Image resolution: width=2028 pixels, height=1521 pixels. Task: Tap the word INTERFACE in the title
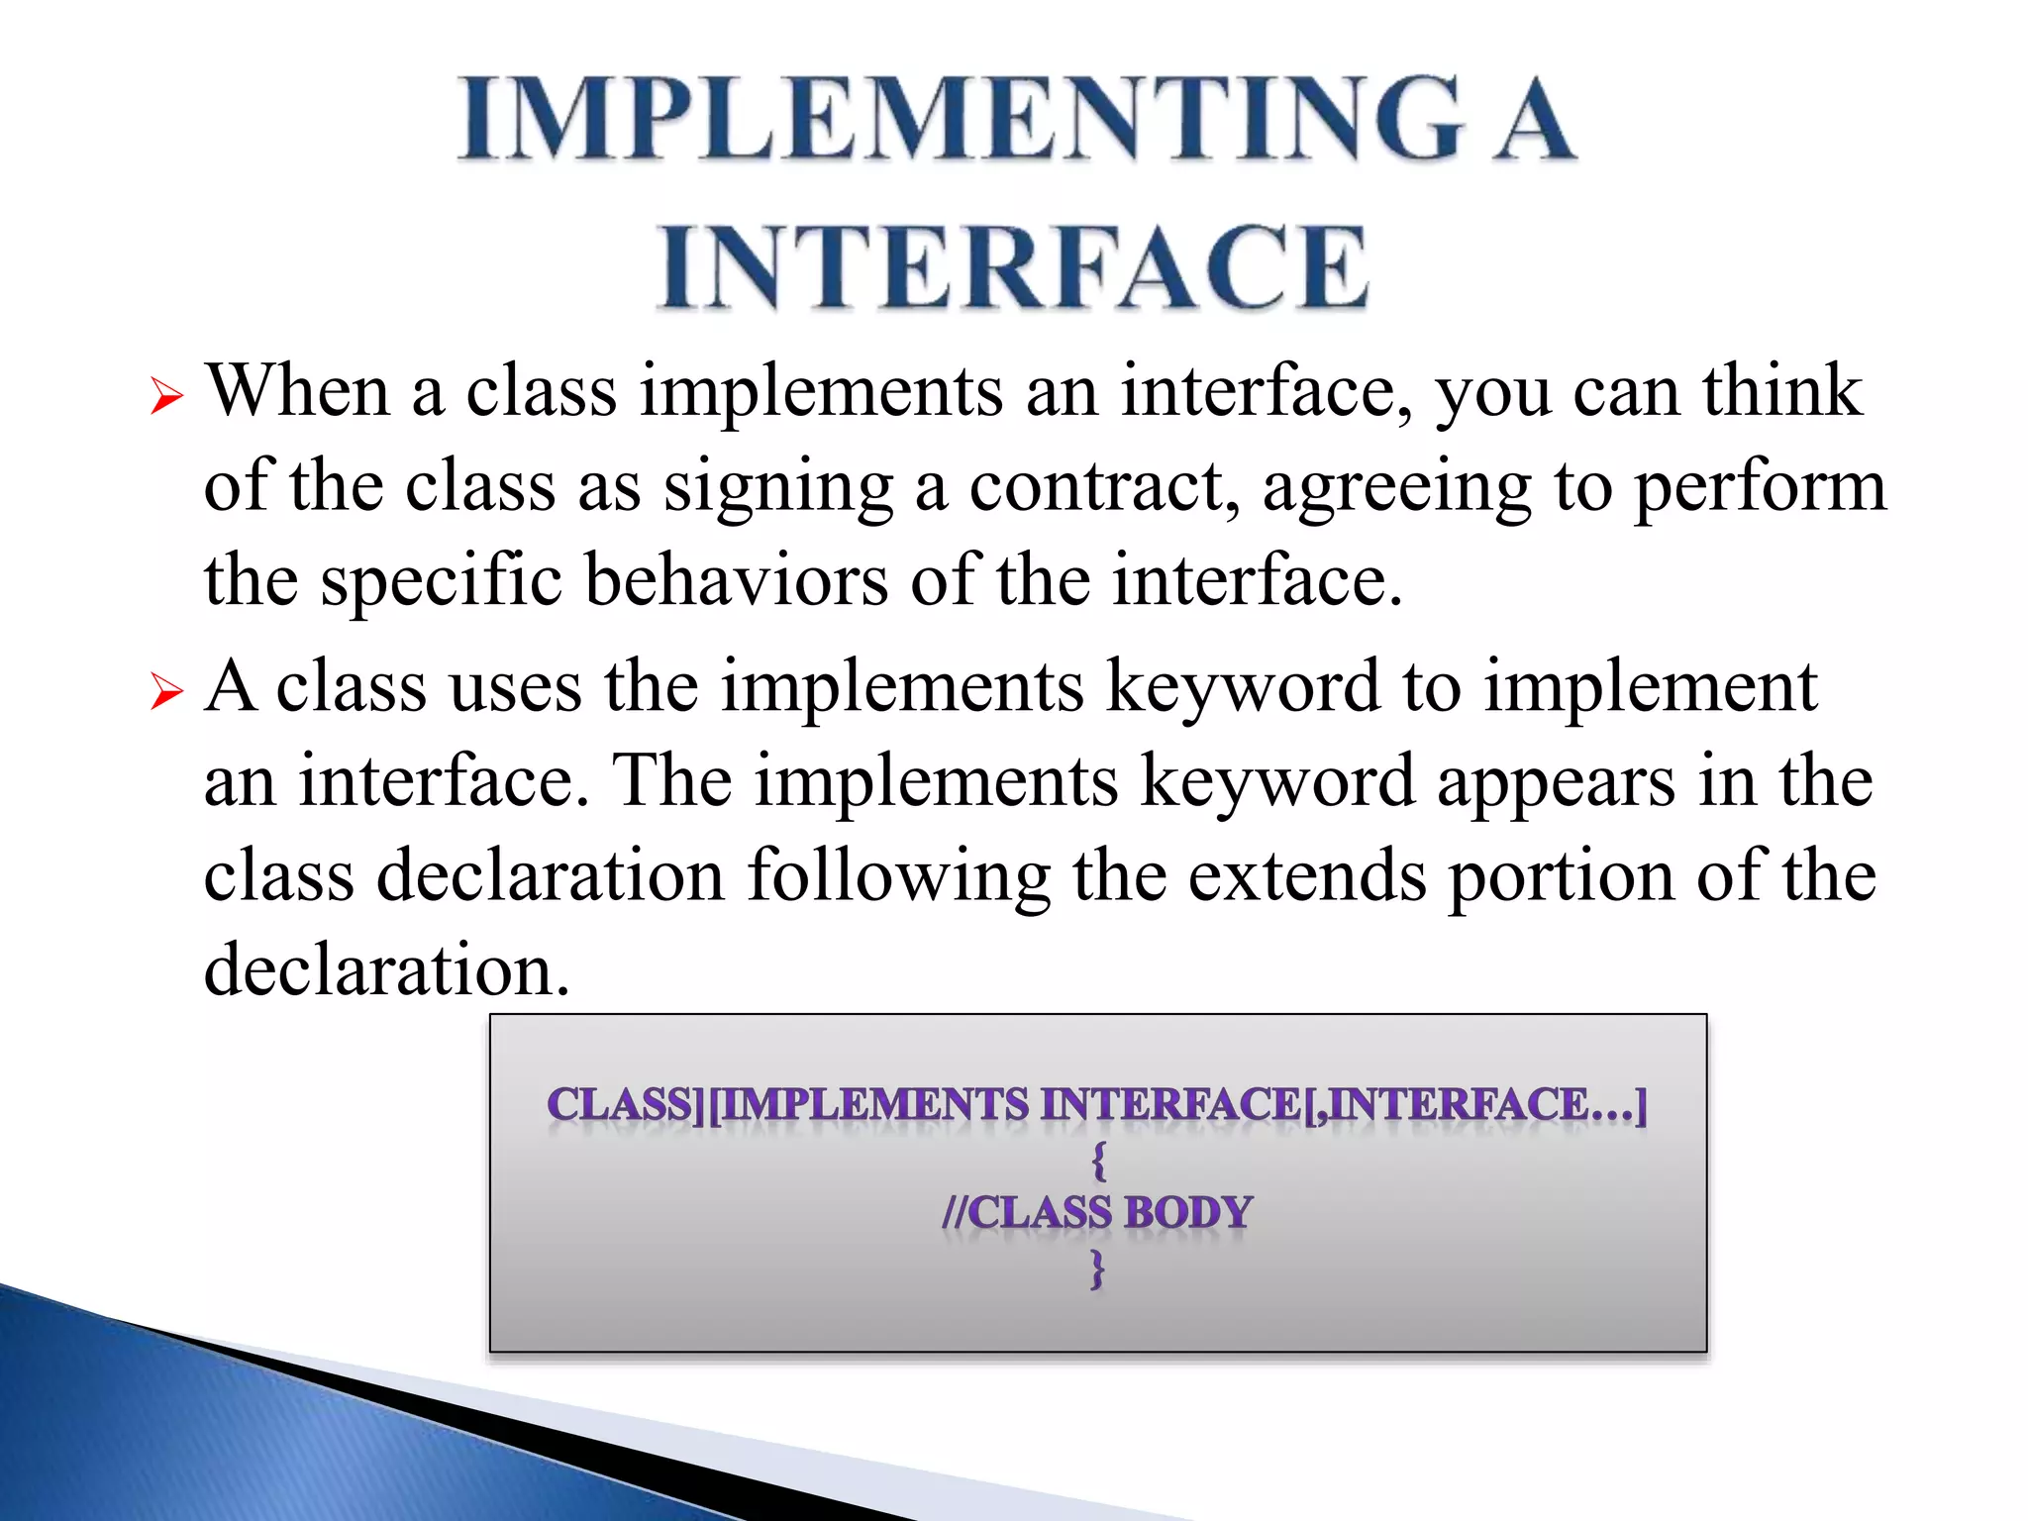tap(1014, 267)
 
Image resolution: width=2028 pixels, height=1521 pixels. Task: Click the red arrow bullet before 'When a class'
tap(167, 398)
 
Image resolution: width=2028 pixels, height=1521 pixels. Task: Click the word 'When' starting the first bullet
tap(298, 391)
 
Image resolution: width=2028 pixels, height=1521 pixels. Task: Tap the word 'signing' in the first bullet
tap(778, 489)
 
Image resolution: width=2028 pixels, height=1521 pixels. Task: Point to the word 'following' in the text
tap(898, 877)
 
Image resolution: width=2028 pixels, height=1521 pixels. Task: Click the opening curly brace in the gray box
tap(1097, 1160)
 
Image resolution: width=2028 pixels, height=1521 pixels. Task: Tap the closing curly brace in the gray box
tap(1097, 1268)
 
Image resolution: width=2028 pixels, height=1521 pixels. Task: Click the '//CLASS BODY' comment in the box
tap(1097, 1213)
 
